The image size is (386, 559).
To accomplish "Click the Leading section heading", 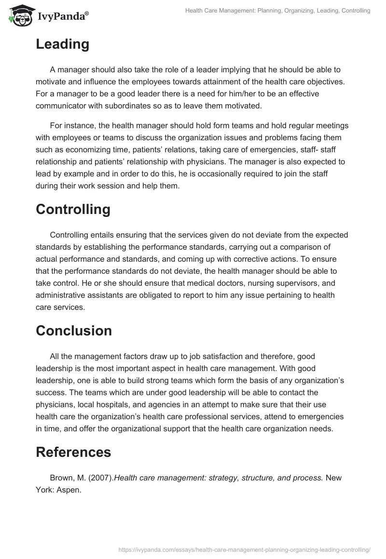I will pos(62,44).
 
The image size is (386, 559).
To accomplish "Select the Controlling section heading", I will pos(73,209).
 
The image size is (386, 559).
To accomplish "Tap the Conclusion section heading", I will pos(74,331).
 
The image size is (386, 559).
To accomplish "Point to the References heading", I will pos(73,452).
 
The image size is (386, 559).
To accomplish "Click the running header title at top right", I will pos(277,10).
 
